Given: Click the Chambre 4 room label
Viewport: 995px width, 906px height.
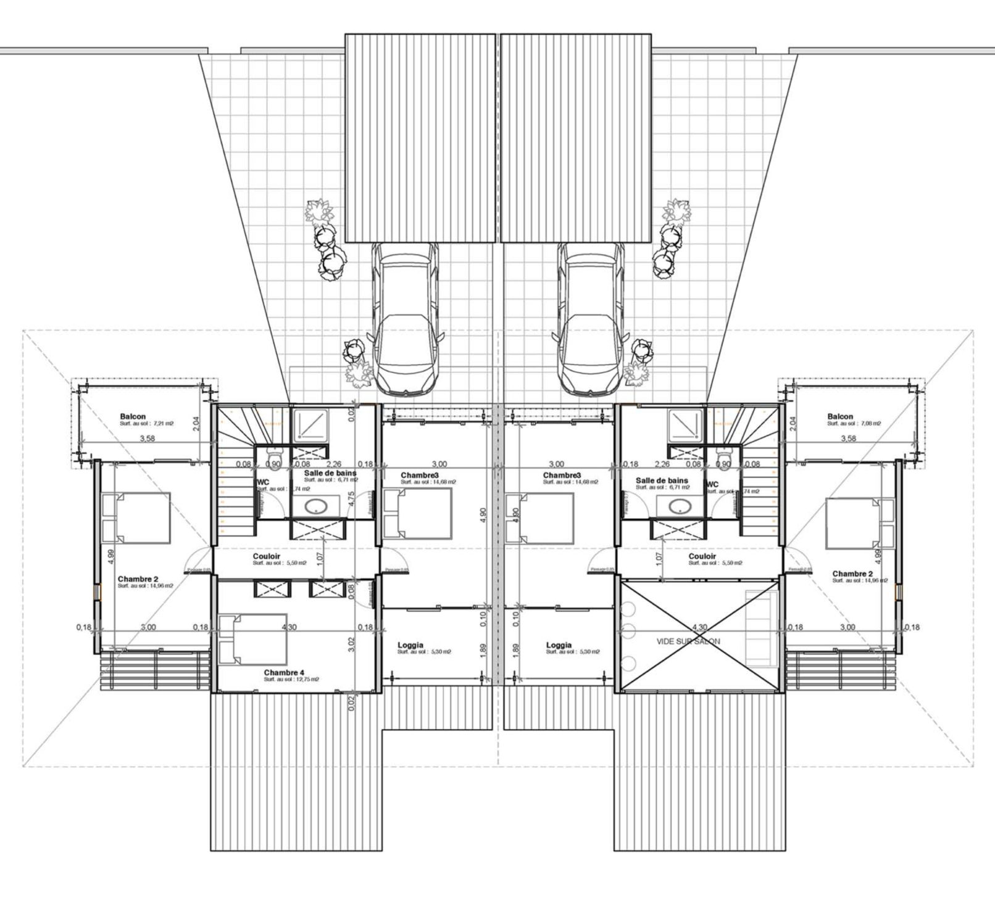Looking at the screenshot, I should [284, 672].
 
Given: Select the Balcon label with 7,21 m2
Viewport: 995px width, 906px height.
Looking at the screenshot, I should [133, 416].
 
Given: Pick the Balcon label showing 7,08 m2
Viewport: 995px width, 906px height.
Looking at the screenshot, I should [841, 416].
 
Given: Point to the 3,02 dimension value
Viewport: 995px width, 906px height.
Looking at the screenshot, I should [351, 644].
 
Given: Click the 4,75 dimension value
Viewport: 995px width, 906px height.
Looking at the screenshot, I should [351, 498].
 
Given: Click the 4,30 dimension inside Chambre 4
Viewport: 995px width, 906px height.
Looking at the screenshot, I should [288, 627].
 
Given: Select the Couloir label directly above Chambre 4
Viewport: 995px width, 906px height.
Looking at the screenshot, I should [267, 556].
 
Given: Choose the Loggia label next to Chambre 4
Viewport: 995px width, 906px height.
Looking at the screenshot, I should [410, 645].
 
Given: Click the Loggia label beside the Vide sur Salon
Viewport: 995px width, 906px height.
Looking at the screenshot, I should [559, 645].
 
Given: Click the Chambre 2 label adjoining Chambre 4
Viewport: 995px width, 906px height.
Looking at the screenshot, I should [138, 579].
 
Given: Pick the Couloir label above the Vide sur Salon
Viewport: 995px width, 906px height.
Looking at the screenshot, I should [702, 556].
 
